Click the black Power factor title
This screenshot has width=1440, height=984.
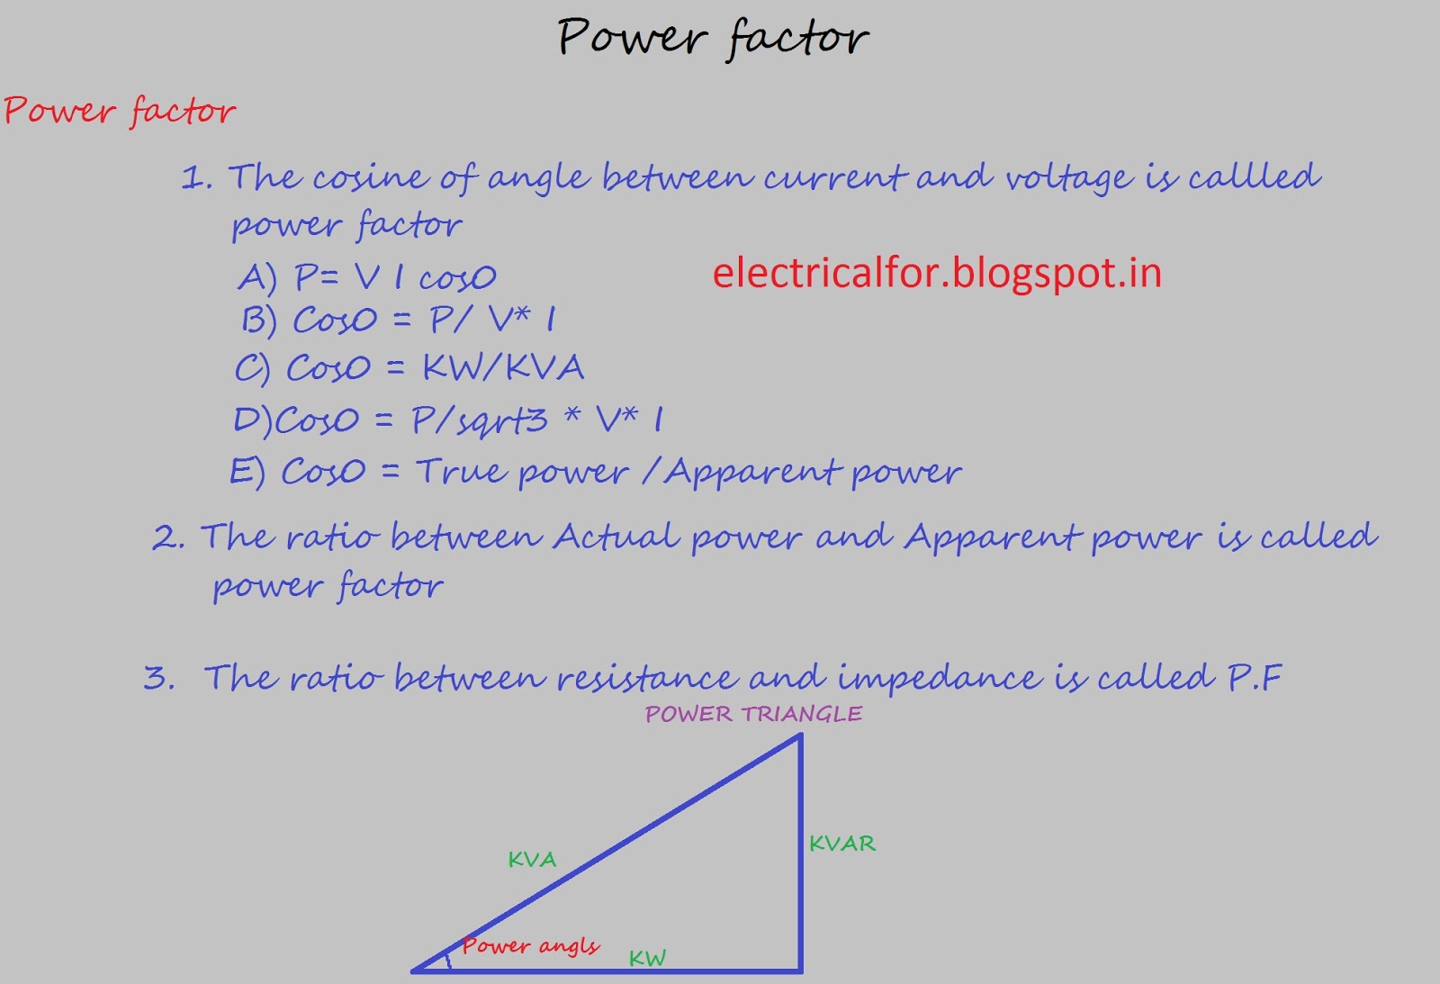click(x=713, y=39)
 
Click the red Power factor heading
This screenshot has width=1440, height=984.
click(x=120, y=112)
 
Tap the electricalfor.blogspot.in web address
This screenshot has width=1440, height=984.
click(x=937, y=273)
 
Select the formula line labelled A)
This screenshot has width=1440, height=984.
click(x=367, y=277)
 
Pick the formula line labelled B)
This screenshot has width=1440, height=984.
click(x=399, y=320)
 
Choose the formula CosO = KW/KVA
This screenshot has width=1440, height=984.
click(x=409, y=368)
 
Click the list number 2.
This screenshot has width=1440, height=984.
click(x=168, y=537)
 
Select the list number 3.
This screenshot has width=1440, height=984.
click(x=158, y=677)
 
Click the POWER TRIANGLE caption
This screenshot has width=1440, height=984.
click(x=753, y=714)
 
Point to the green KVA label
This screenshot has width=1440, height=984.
click(x=532, y=860)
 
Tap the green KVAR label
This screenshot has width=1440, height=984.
click(x=841, y=844)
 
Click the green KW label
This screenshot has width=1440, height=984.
click(x=647, y=958)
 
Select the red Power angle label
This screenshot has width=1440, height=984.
click(x=530, y=945)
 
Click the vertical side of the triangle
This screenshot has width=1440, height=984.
click(x=800, y=855)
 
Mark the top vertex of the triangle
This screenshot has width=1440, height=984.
click(x=799, y=736)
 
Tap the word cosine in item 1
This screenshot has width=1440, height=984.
click(x=370, y=177)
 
